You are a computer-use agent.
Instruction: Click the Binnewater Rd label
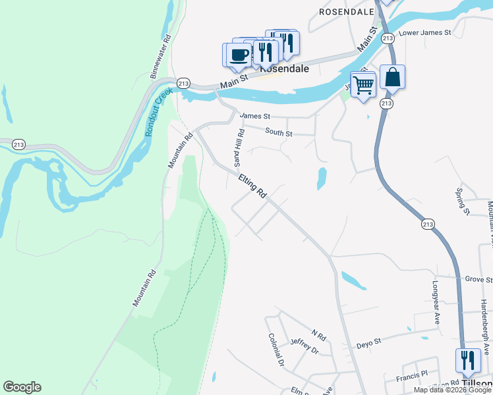(160, 58)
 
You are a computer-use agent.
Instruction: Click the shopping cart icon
(363, 84)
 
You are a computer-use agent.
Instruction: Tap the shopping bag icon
(392, 77)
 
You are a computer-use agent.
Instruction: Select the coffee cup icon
(239, 55)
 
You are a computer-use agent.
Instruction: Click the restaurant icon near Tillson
(467, 361)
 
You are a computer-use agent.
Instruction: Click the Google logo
(22, 387)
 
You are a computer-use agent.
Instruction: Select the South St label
(278, 132)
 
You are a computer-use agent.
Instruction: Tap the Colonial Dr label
(275, 350)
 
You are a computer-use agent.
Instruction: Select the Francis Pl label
(412, 379)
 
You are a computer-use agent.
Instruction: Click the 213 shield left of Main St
(184, 83)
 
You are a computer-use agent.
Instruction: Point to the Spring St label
(461, 201)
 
